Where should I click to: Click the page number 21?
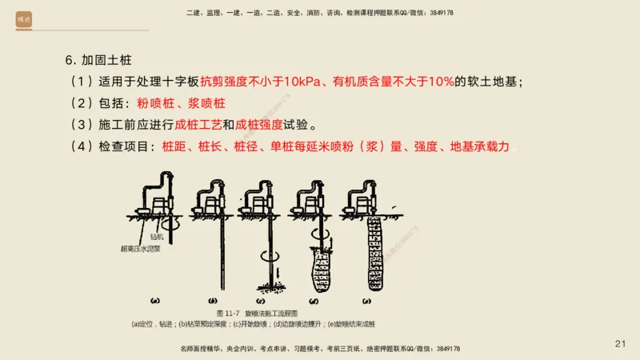point(620,344)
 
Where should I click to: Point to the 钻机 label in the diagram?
point(157,238)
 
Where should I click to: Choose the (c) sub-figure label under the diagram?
point(264,302)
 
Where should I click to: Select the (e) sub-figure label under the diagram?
point(367,302)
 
